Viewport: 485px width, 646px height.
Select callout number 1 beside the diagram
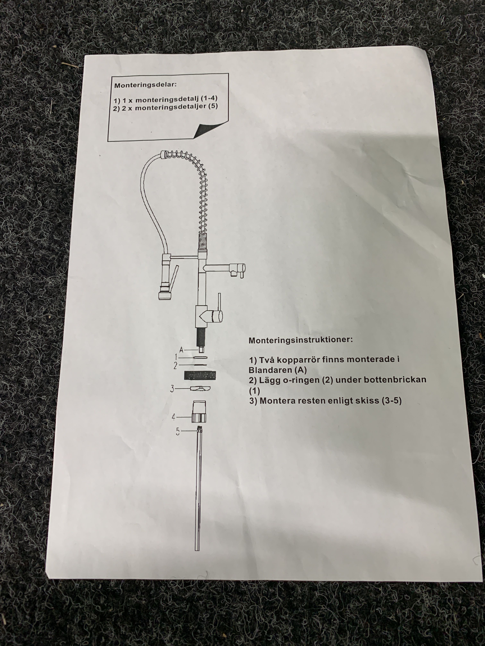(176, 357)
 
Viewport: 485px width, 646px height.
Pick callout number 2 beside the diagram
(175, 365)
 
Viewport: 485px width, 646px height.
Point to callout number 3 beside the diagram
(172, 388)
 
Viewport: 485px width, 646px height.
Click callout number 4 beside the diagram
(173, 417)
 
